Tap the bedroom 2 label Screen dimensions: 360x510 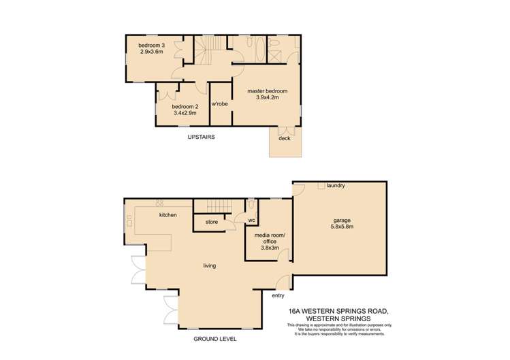click(185, 107)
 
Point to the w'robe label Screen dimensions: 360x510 click(219, 104)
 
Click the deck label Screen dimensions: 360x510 click(284, 138)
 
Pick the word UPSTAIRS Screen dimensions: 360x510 click(202, 137)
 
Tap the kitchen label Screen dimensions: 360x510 click(168, 215)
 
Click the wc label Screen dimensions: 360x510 click(251, 220)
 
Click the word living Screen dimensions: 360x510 click(209, 265)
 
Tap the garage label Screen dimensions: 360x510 click(342, 220)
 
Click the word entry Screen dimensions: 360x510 click(278, 295)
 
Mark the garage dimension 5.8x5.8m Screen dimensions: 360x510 click(342, 227)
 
